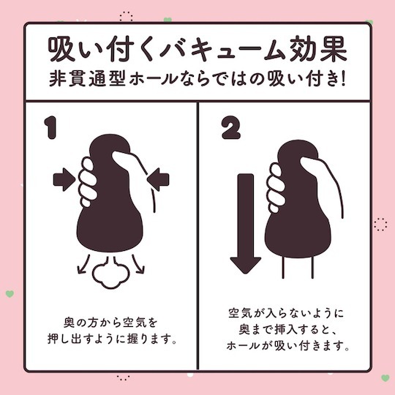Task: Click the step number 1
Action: point(50,128)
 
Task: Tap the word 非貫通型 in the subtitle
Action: point(79,81)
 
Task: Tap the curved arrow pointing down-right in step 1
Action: point(138,264)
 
